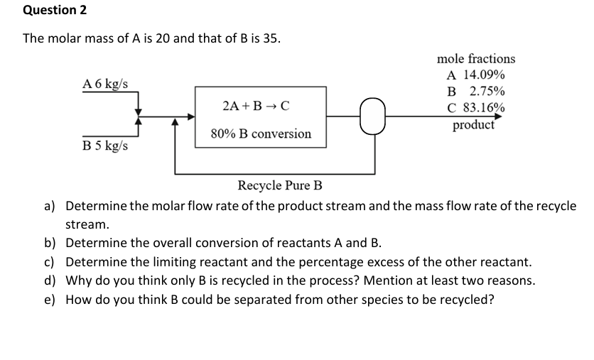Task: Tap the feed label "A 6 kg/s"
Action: [105, 83]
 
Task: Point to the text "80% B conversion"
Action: [261, 133]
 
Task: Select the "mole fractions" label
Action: [475, 59]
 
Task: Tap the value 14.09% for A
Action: [485, 75]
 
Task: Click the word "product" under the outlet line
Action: [474, 125]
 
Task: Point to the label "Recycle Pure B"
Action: [279, 186]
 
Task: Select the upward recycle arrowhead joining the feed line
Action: [175, 122]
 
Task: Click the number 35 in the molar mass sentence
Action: [270, 38]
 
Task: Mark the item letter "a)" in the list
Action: [50, 206]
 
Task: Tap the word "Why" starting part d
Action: [79, 280]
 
